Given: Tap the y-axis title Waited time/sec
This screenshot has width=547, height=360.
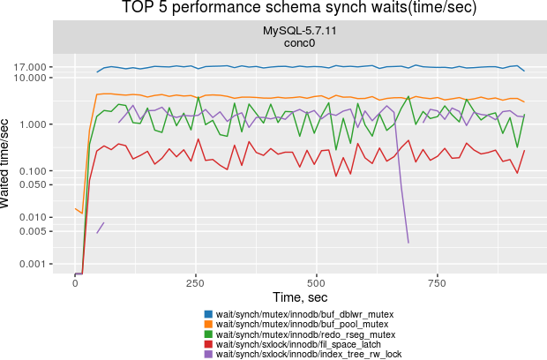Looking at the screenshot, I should (8, 164).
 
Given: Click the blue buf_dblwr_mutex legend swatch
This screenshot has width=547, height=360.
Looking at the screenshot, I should (209, 314).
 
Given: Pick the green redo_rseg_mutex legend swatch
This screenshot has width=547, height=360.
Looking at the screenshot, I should (209, 334).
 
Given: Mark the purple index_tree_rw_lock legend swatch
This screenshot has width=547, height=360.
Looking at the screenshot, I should (209, 354).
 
